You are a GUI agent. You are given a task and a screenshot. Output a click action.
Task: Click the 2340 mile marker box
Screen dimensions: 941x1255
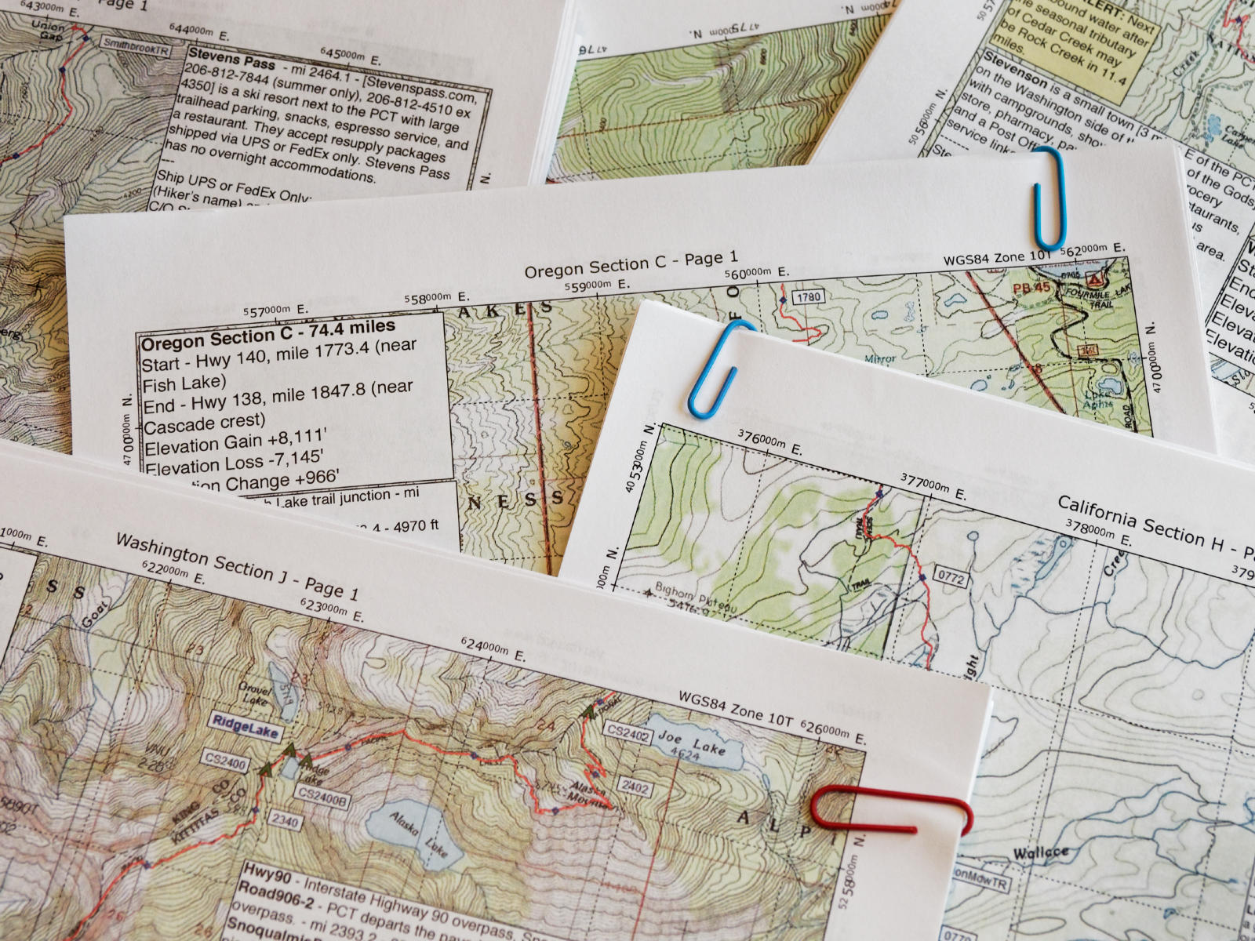point(285,820)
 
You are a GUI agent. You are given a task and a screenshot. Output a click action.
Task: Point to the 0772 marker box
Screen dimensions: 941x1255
point(952,579)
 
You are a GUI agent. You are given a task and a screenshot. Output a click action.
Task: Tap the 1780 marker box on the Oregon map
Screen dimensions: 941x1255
point(807,296)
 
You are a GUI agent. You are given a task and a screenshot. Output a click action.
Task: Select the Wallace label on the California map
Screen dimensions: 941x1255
point(1041,854)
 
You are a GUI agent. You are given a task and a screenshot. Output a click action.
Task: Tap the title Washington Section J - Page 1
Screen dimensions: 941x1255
point(237,566)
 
